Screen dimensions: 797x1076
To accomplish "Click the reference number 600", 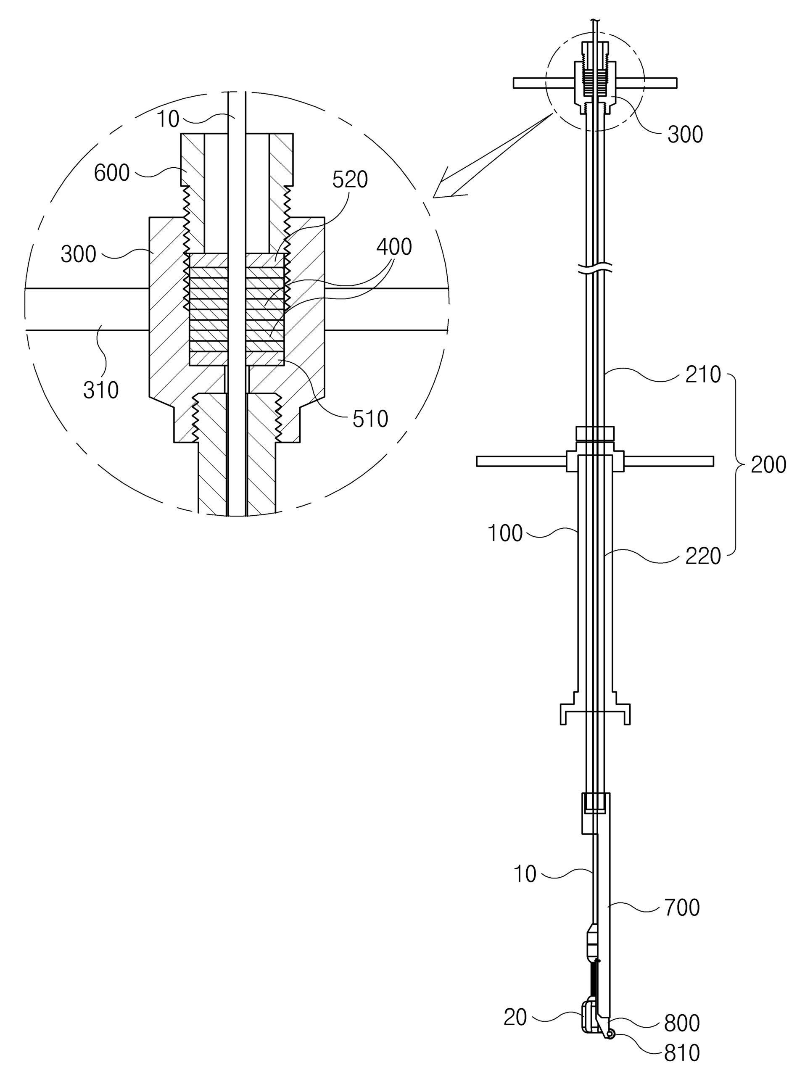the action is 112,173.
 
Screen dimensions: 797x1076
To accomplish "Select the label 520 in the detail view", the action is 350,180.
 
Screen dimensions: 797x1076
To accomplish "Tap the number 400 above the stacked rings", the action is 394,247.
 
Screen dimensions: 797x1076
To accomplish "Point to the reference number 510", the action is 370,419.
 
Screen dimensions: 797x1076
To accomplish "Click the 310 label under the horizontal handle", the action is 101,390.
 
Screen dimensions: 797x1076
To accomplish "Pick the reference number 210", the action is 703,374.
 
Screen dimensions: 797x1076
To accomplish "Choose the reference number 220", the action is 703,556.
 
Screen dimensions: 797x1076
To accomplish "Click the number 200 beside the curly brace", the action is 768,465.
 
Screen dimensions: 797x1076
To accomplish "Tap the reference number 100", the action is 505,533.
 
